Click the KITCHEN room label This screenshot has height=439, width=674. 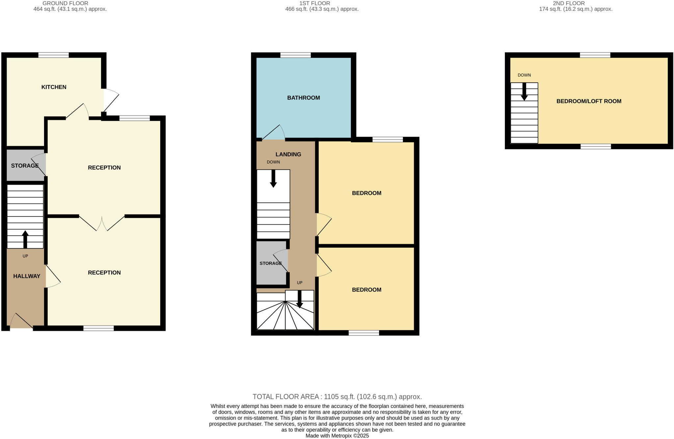[54, 87]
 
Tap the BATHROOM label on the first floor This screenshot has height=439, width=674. [303, 97]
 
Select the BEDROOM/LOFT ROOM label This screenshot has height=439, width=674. [588, 101]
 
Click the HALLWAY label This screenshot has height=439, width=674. [27, 276]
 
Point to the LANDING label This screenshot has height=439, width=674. [288, 154]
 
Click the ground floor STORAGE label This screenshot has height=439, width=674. [25, 166]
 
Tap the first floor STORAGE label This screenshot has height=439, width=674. [271, 263]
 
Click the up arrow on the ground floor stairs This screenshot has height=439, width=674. [25, 239]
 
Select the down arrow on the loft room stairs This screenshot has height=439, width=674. [524, 92]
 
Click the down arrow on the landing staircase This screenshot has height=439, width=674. [273, 179]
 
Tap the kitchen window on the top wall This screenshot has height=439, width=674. [53, 55]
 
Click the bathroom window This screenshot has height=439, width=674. [295, 55]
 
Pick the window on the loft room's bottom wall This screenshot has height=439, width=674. [595, 147]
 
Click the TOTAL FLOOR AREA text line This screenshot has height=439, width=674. [337, 397]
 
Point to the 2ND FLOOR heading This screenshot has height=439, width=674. [568, 3]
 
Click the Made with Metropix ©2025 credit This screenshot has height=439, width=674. [337, 436]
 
